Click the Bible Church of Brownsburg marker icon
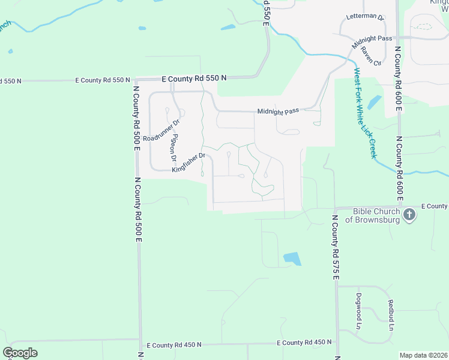tap(409, 215)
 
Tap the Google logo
tap(20, 353)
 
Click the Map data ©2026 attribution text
tap(423, 355)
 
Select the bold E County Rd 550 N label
tap(194, 79)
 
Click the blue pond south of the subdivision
tap(292, 259)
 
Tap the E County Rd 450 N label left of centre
tap(174, 345)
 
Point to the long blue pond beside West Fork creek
tap(373, 102)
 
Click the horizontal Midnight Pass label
tap(278, 111)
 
